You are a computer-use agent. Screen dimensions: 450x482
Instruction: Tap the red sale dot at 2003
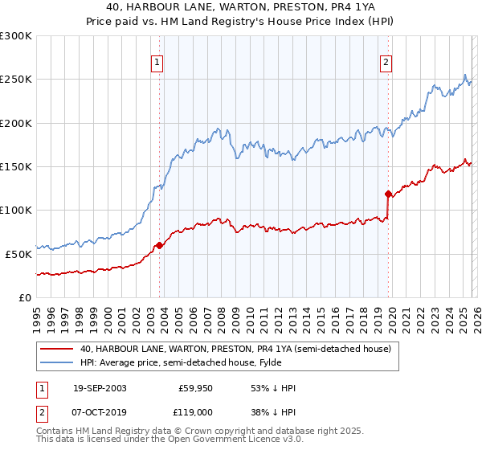pyautogui.click(x=160, y=245)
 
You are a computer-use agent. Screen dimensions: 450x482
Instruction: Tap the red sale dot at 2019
pyautogui.click(x=388, y=194)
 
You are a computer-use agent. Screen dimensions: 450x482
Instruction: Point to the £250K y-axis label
pyautogui.click(x=16, y=80)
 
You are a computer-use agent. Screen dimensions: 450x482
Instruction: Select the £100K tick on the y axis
pyautogui.click(x=16, y=210)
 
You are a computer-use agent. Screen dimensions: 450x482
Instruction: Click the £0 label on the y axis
pyautogui.click(x=24, y=297)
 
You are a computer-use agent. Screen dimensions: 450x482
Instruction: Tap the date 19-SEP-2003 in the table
pyautogui.click(x=100, y=388)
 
